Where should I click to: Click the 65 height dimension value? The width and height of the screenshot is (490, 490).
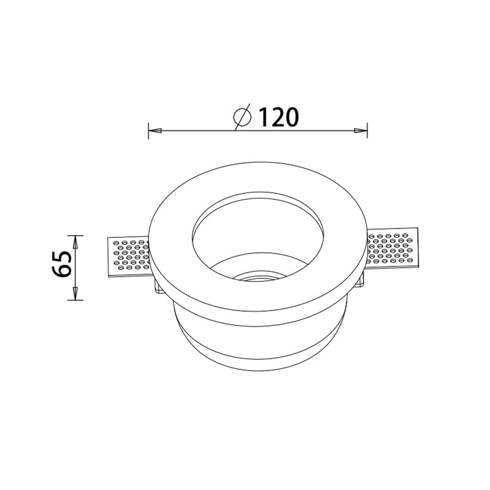[62, 264]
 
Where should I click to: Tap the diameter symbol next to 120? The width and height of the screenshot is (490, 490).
[243, 116]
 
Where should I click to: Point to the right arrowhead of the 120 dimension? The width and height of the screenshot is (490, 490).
[360, 130]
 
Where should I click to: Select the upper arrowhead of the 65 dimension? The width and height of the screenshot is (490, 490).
[75, 242]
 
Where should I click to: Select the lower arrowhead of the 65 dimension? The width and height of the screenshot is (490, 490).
[75, 293]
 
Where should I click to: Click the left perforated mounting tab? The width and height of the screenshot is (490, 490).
[129, 257]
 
